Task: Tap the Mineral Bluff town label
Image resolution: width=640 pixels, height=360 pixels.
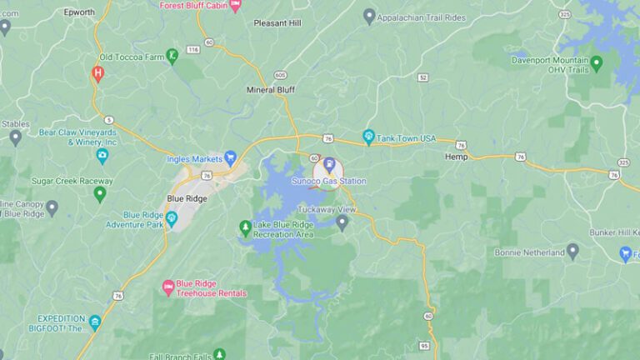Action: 272,89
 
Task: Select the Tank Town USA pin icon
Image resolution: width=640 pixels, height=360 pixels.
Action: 368,137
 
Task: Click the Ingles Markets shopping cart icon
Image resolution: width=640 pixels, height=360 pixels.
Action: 231,157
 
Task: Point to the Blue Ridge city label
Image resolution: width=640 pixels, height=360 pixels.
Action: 186,199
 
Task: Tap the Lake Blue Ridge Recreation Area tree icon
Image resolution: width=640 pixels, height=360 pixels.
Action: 245,227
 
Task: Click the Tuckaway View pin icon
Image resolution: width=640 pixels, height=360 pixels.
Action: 342,222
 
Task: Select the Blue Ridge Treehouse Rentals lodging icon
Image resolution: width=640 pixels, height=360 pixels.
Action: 167,287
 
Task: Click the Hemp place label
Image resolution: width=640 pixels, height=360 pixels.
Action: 456,157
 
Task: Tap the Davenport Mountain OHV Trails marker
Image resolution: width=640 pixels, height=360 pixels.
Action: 596,62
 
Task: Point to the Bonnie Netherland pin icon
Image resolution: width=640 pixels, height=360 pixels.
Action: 572,250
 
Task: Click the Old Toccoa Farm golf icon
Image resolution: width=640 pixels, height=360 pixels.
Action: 172,56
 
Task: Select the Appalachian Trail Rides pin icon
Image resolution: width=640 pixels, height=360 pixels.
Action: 369,16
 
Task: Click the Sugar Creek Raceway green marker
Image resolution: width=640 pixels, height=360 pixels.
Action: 100,194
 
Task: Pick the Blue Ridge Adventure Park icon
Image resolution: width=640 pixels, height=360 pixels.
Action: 172,218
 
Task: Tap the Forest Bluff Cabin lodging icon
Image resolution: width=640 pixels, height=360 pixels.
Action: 235,5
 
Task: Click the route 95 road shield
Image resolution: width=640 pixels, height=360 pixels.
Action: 424,346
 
